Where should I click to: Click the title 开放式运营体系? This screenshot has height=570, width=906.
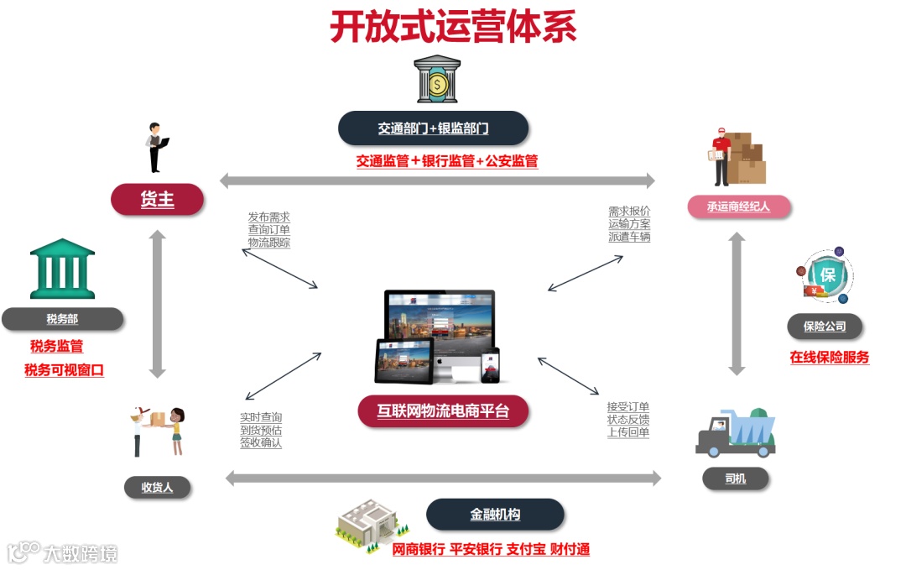(453, 27)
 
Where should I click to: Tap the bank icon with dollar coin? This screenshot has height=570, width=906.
(437, 81)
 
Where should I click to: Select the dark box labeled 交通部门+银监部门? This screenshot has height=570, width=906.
(433, 128)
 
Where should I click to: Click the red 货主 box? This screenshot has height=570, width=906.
(157, 200)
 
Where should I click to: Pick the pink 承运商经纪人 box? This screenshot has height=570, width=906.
(738, 207)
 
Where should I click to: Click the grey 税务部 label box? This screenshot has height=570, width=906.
(62, 319)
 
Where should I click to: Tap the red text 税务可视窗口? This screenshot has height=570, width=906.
(64, 370)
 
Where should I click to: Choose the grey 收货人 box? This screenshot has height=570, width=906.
(157, 487)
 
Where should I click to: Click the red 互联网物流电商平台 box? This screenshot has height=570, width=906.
(442, 411)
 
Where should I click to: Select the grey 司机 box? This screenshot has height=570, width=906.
(735, 479)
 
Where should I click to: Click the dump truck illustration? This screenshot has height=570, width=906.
(735, 431)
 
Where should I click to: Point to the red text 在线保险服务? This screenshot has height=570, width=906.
(829, 357)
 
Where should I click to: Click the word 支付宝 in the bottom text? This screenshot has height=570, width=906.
(527, 550)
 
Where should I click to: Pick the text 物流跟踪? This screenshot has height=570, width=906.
(268, 243)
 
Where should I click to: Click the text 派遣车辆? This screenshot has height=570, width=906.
(629, 237)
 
